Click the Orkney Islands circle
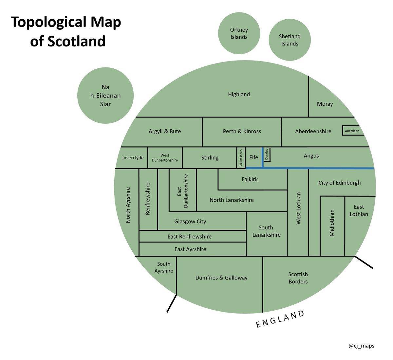[x=239, y=33]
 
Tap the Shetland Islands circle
[x=290, y=40]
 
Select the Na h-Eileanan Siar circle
[x=105, y=96]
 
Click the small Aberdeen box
[x=352, y=131]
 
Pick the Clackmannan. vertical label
[x=241, y=158]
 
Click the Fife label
[x=253, y=157]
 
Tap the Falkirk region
[x=250, y=179]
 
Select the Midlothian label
[x=332, y=223]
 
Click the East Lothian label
[x=359, y=210]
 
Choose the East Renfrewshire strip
[x=189, y=236]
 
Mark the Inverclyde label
[x=133, y=158]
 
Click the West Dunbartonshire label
[x=165, y=158]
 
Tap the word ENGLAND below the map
[x=280, y=319]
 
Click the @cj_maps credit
[x=361, y=346]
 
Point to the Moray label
[x=325, y=104]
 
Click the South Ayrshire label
[x=164, y=267]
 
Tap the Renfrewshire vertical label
[x=148, y=199]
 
